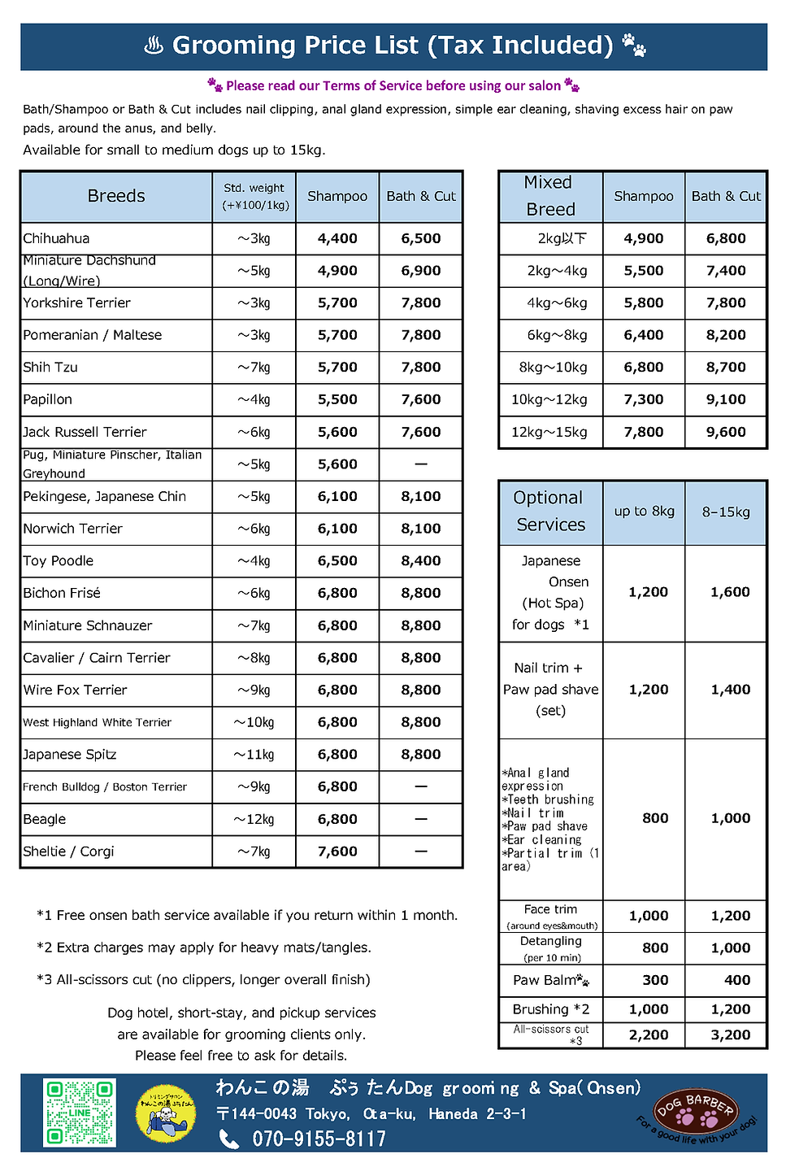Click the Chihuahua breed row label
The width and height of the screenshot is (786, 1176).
57,238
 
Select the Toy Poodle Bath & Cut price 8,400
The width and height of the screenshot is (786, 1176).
420,561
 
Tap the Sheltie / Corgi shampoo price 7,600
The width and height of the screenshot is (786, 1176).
337,852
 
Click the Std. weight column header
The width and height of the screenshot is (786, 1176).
254,196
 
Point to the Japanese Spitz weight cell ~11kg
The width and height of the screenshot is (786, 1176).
254,755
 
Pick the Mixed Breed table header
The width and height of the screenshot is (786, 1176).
550,196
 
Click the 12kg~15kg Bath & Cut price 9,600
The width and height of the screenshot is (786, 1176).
726,432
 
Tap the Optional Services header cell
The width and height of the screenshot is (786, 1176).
550,512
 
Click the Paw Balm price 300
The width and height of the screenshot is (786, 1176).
655,980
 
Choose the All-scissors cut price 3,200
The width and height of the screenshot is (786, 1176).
730,1035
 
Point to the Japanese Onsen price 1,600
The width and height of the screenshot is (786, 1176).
730,592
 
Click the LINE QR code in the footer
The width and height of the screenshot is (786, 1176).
80,1113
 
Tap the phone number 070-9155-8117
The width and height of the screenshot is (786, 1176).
319,1139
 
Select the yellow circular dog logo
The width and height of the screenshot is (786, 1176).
166,1112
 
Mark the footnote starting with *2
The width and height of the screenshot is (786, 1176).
204,947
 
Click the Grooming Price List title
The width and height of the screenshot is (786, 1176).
393,46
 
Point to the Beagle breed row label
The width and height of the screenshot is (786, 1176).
46,819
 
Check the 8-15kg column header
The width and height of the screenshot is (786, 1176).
726,512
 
